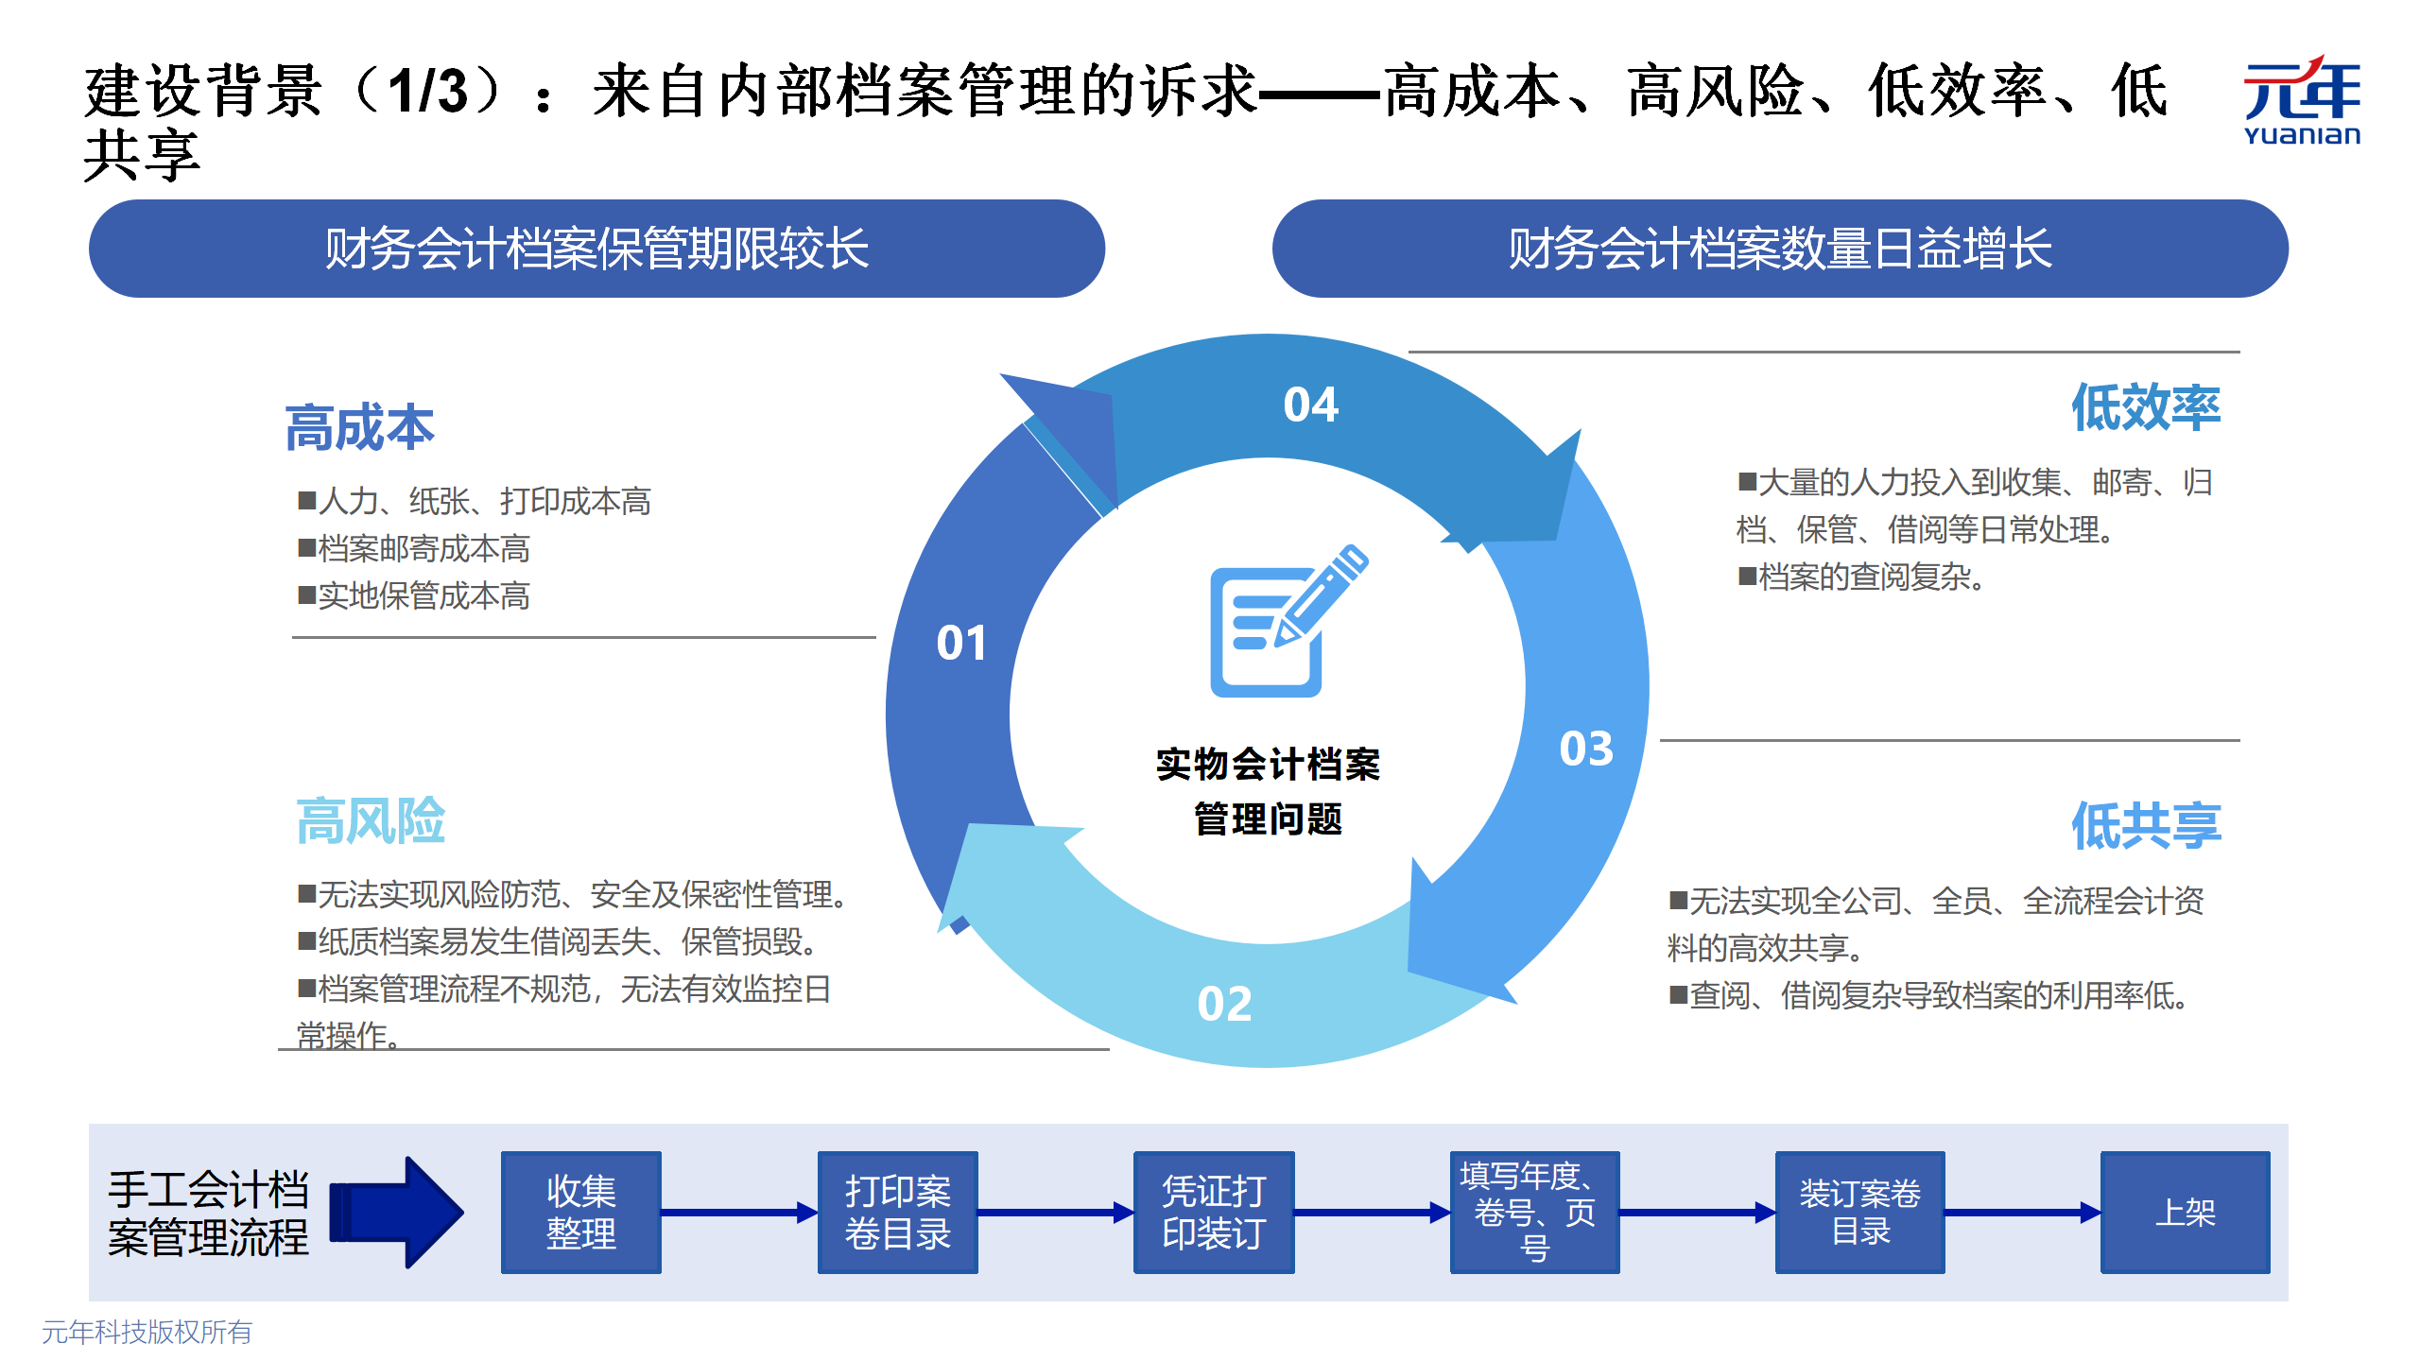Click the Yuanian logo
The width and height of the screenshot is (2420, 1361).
pos(2302,100)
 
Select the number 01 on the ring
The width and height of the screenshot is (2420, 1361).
pos(961,644)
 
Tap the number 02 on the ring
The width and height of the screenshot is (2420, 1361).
pos(1224,1004)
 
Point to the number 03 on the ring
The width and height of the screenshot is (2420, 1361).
pos(1586,749)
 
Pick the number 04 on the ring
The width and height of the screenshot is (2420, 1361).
pos(1310,405)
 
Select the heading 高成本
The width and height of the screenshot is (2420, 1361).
pos(359,427)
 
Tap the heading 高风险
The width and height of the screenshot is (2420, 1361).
pos(371,820)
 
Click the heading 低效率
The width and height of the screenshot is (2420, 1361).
pos(2146,407)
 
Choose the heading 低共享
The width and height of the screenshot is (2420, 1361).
pos(2146,825)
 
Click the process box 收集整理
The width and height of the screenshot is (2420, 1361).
pos(580,1212)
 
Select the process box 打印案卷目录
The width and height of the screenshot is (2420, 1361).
pos(897,1212)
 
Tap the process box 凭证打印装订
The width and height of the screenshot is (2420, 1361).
pos(1214,1212)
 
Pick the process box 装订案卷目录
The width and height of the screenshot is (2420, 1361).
pos(1859,1212)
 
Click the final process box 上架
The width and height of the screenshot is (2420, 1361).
pos(2185,1212)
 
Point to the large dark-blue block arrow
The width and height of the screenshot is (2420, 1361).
pos(396,1212)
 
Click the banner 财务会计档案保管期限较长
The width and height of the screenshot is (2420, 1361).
pos(596,249)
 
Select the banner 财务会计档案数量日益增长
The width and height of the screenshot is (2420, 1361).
pos(1780,249)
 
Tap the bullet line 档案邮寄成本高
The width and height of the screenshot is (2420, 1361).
pos(414,548)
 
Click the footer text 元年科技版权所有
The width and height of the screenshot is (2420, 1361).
pos(147,1332)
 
